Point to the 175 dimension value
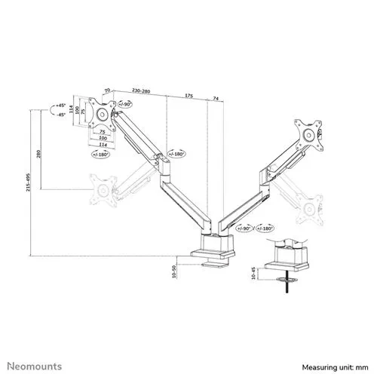[x=188, y=97]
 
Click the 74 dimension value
[x=216, y=97]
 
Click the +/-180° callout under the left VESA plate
[x=99, y=153]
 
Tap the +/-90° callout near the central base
[x=242, y=226]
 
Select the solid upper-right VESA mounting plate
[x=308, y=135]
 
